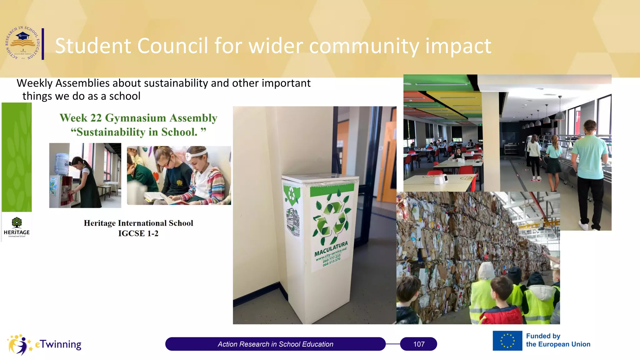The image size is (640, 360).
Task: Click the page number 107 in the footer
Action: click(419, 344)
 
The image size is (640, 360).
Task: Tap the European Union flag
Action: click(507, 341)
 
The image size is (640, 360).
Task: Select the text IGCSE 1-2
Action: click(138, 233)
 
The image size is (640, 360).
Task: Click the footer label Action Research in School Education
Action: click(275, 344)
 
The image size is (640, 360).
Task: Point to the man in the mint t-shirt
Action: click(590, 162)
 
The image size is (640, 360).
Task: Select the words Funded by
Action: click(543, 336)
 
